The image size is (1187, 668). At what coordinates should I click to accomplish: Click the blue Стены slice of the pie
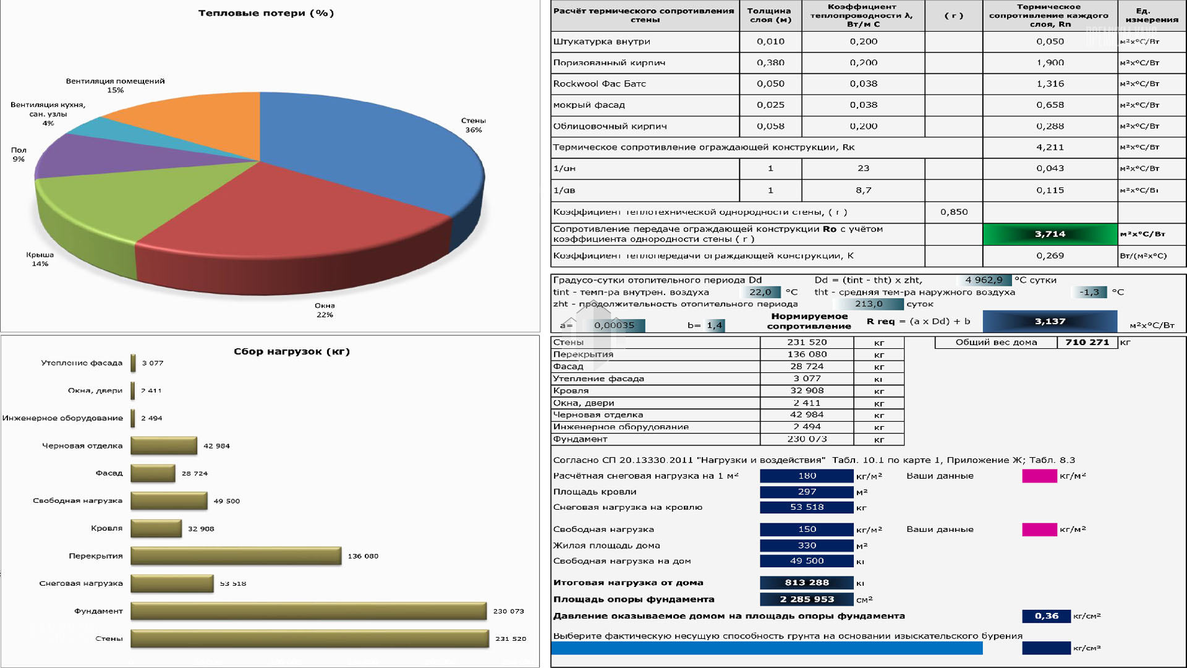(371, 148)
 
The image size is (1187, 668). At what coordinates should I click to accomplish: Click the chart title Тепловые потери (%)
(266, 13)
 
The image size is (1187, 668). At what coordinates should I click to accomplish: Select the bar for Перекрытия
(236, 555)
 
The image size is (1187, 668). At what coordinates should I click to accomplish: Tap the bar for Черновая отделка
(164, 445)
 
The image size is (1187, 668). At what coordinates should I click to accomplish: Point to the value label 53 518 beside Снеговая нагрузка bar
(233, 583)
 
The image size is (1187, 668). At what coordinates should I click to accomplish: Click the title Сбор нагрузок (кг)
(292, 351)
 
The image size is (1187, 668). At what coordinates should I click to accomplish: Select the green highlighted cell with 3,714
(1050, 234)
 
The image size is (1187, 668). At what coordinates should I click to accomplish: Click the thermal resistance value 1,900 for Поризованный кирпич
(1050, 62)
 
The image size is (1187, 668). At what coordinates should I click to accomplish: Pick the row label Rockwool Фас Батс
(599, 83)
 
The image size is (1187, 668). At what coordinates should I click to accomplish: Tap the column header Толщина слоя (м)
(770, 15)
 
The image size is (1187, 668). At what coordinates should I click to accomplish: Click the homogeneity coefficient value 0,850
(954, 212)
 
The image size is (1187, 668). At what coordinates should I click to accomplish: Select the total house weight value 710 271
(1087, 342)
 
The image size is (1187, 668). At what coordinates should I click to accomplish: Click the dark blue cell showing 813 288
(806, 583)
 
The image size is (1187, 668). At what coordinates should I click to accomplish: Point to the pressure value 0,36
(1046, 616)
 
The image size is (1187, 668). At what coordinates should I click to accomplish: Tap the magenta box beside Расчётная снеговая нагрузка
(1039, 476)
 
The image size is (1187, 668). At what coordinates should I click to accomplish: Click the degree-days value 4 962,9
(984, 280)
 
